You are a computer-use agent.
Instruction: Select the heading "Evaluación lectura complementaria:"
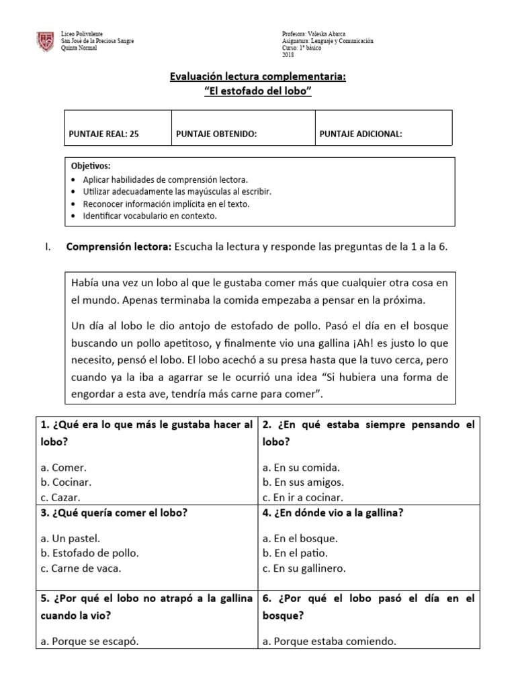click(x=258, y=77)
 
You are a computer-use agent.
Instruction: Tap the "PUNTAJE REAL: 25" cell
click(x=103, y=134)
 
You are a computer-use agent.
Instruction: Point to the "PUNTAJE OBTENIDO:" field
click(x=216, y=134)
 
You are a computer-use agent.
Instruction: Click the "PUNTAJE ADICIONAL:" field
click(x=361, y=134)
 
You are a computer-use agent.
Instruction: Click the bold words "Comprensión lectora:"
click(x=118, y=247)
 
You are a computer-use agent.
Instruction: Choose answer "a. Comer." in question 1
click(x=63, y=468)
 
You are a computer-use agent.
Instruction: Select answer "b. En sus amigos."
click(x=303, y=482)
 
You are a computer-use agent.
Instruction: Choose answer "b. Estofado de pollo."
click(x=89, y=553)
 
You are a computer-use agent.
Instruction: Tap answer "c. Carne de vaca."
click(x=81, y=568)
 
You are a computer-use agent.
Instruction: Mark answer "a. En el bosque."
click(x=300, y=538)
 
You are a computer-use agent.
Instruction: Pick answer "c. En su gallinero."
click(x=304, y=568)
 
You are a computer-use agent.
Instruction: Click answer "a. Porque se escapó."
click(x=89, y=641)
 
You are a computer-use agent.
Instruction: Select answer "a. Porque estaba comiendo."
click(x=329, y=641)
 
